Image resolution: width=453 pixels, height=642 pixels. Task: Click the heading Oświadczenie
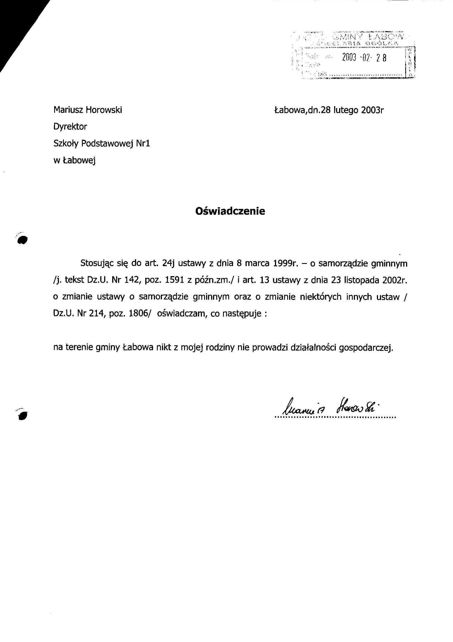click(230, 211)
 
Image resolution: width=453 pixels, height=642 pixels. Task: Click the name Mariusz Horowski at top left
click(87, 110)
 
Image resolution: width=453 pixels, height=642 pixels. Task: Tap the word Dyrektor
click(70, 127)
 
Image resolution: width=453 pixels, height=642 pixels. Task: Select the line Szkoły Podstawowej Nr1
click(101, 143)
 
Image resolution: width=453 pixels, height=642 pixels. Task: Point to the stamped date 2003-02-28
click(364, 58)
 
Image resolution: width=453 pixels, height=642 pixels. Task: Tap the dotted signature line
click(335, 418)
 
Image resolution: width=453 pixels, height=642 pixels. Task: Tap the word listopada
click(362, 280)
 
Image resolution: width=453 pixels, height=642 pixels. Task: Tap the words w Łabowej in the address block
click(74, 161)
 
